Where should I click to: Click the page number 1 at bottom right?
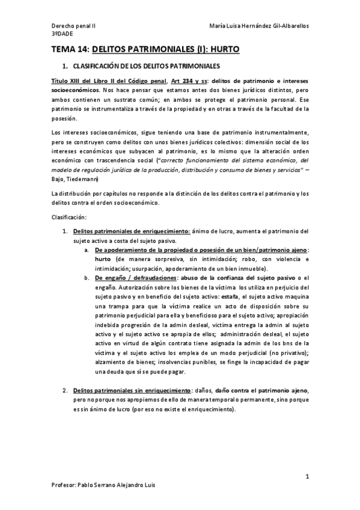pyautogui.click(x=307, y=477)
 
